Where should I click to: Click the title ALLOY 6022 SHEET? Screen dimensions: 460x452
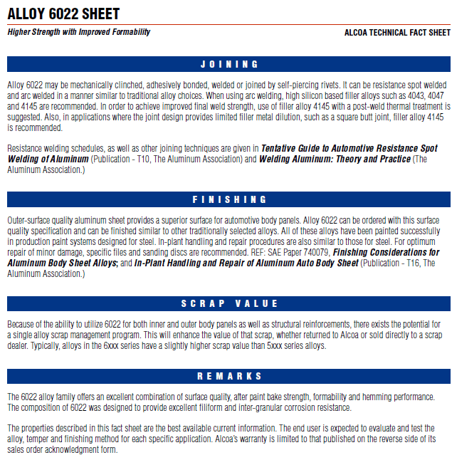pos(63,14)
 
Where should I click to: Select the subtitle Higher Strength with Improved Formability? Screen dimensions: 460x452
pos(79,32)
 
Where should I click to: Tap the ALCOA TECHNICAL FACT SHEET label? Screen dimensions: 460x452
pos(397,33)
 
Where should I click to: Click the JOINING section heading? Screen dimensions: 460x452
pos(229,64)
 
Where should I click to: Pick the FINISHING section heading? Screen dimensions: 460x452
pos(229,199)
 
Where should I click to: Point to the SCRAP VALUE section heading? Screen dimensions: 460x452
pos(229,303)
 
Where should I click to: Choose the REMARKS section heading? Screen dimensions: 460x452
pos(229,376)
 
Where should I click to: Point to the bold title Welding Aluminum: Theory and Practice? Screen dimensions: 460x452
pos(335,159)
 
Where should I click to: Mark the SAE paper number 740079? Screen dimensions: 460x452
pos(311,253)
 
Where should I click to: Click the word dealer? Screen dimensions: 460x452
pos(21,346)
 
